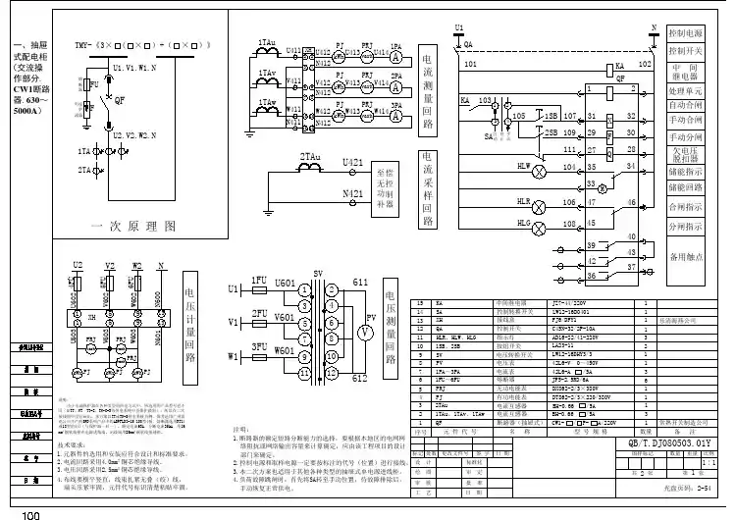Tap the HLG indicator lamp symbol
(x=538, y=226)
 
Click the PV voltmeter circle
(x=361, y=333)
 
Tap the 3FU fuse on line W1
(x=260, y=356)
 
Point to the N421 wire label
(x=351, y=194)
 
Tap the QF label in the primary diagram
(x=120, y=100)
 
